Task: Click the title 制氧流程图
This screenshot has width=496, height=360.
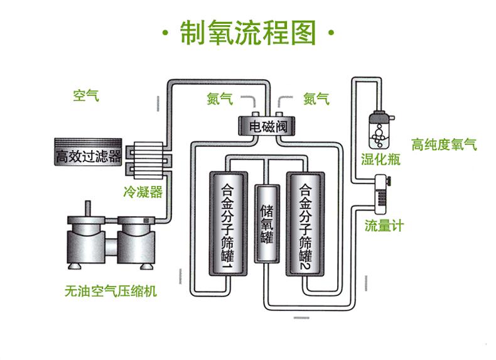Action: point(247,33)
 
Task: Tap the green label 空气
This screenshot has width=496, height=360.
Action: point(86,96)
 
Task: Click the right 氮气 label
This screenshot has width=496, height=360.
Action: point(316,99)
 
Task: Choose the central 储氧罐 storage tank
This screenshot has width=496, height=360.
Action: point(266,224)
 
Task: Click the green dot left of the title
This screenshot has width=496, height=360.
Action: point(164,35)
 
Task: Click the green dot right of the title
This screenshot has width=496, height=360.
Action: point(331,35)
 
